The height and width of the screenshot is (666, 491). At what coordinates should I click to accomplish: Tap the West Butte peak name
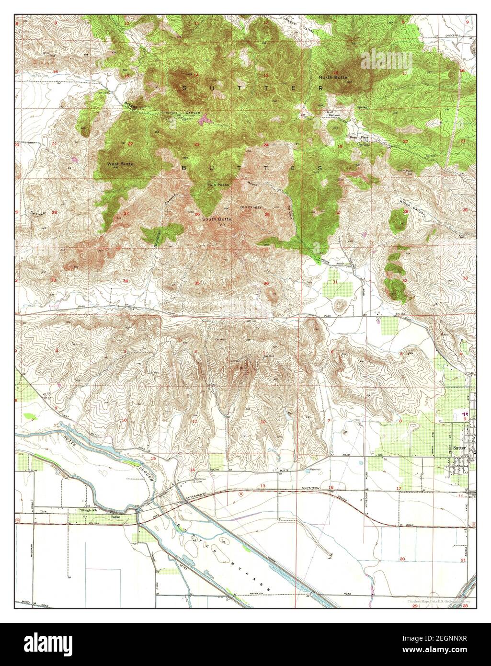click(x=120, y=164)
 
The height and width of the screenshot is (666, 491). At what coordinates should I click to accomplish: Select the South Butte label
click(x=217, y=219)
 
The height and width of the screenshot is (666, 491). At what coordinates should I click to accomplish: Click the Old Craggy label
click(x=251, y=207)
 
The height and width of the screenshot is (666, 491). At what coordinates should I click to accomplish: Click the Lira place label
click(x=45, y=512)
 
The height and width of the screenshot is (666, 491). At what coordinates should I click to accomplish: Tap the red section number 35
click(x=197, y=283)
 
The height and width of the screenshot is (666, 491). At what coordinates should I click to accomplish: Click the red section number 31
click(x=335, y=282)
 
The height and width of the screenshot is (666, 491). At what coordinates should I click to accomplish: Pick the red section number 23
click(x=196, y=144)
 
